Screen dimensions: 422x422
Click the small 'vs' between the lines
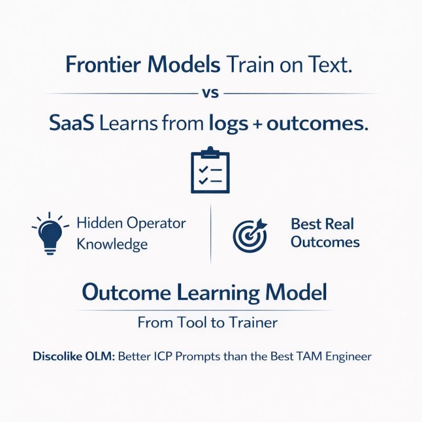pyautogui.click(x=210, y=94)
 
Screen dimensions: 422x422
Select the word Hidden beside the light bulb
pyautogui.click(x=100, y=223)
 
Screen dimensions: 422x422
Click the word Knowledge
pyautogui.click(x=112, y=244)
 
